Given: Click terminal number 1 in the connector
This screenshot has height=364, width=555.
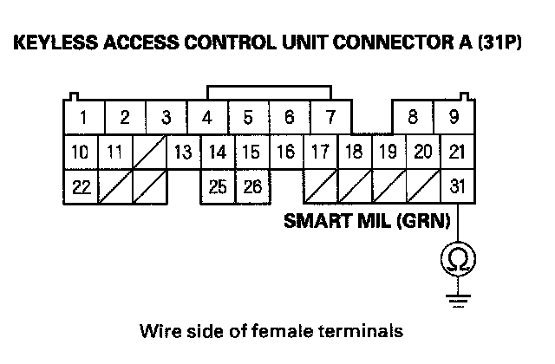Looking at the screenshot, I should pos(83,117).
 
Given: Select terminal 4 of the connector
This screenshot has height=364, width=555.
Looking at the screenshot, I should pos(208,117).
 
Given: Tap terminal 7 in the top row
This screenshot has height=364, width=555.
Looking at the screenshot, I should pos(330,117).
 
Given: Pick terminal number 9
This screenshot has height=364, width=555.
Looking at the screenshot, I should pos(454,117).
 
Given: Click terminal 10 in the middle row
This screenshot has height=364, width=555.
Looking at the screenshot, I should pos(79,153).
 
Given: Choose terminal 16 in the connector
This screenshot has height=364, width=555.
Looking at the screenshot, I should pos(285,153).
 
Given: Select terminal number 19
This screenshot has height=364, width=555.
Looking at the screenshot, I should pos(388,153).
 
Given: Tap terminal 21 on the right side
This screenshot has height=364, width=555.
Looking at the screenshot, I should pos(457,153).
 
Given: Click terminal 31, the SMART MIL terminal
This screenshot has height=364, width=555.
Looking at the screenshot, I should pos(457,185).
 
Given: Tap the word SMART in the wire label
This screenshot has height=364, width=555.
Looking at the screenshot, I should pos(314,221).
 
